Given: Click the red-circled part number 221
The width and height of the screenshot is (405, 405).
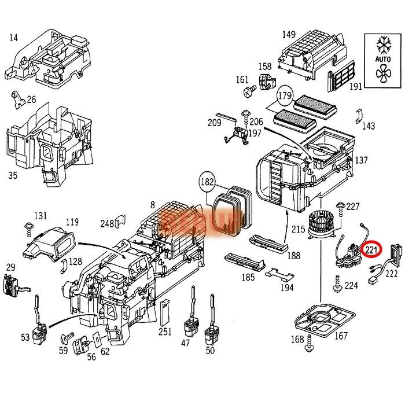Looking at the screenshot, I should pos(370,251).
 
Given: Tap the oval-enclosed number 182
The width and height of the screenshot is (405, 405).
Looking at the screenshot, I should pos(206,182).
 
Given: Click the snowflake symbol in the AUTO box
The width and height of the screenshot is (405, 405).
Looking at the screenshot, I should pos(382,45).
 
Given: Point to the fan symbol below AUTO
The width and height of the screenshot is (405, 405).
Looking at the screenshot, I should pos(382,73).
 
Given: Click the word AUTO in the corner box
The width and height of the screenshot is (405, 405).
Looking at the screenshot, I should pos(382,59).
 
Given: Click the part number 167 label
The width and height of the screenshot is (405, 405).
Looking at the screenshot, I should pos(341,336).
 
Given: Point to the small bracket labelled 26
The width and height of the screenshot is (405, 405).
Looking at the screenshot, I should pos(19,102).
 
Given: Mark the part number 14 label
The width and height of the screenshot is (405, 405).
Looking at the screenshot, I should pos(14,39).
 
